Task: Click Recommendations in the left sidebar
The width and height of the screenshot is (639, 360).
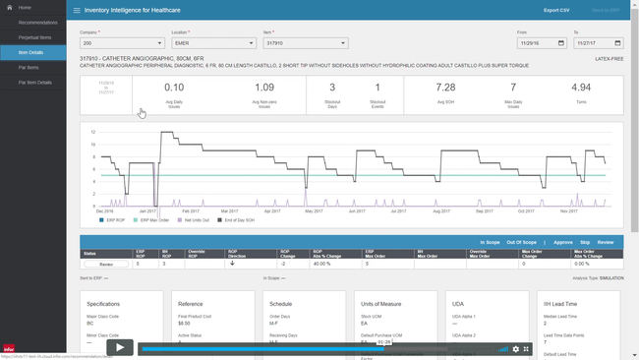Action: pyautogui.click(x=37, y=22)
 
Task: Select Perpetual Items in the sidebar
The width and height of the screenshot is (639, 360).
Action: pyautogui.click(x=35, y=37)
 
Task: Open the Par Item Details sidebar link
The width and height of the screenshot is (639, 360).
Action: pyautogui.click(x=35, y=83)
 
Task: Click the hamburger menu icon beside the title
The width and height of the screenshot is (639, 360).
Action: pyautogui.click(x=77, y=11)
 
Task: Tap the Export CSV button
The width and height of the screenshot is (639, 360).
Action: pyautogui.click(x=556, y=10)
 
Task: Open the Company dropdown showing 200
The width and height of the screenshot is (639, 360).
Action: pyautogui.click(x=122, y=43)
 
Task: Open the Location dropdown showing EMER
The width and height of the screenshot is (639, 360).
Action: pyautogui.click(x=213, y=43)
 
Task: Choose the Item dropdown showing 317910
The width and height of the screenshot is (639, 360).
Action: pyautogui.click(x=306, y=43)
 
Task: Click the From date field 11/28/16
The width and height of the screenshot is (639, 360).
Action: pyautogui.click(x=542, y=43)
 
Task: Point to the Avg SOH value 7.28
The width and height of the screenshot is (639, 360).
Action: pyautogui.click(x=445, y=88)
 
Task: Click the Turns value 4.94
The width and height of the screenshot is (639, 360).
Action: pyautogui.click(x=581, y=88)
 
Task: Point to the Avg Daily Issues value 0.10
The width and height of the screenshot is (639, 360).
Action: pyautogui.click(x=174, y=88)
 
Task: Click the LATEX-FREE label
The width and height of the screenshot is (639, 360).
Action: pyautogui.click(x=609, y=59)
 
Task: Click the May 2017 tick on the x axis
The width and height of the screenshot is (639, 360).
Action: pyautogui.click(x=314, y=211)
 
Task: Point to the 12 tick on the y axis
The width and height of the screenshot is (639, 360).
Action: pyautogui.click(x=92, y=132)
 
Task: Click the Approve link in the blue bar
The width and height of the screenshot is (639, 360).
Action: pyautogui.click(x=563, y=242)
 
